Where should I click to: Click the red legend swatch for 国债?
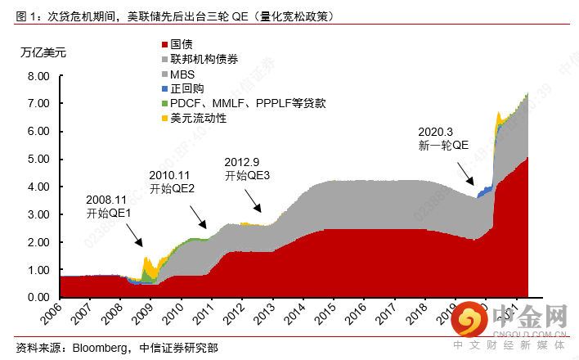(164, 44)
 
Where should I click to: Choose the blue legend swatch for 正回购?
(164, 88)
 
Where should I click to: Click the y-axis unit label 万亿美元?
(43, 52)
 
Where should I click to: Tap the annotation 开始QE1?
(109, 214)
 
